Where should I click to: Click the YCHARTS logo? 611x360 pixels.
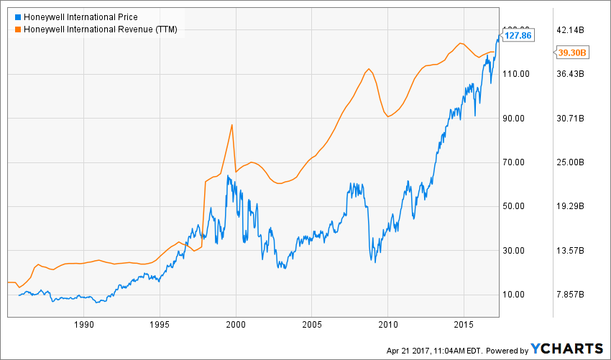click(x=567, y=349)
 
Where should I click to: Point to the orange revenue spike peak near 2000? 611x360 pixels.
click(x=231, y=125)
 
